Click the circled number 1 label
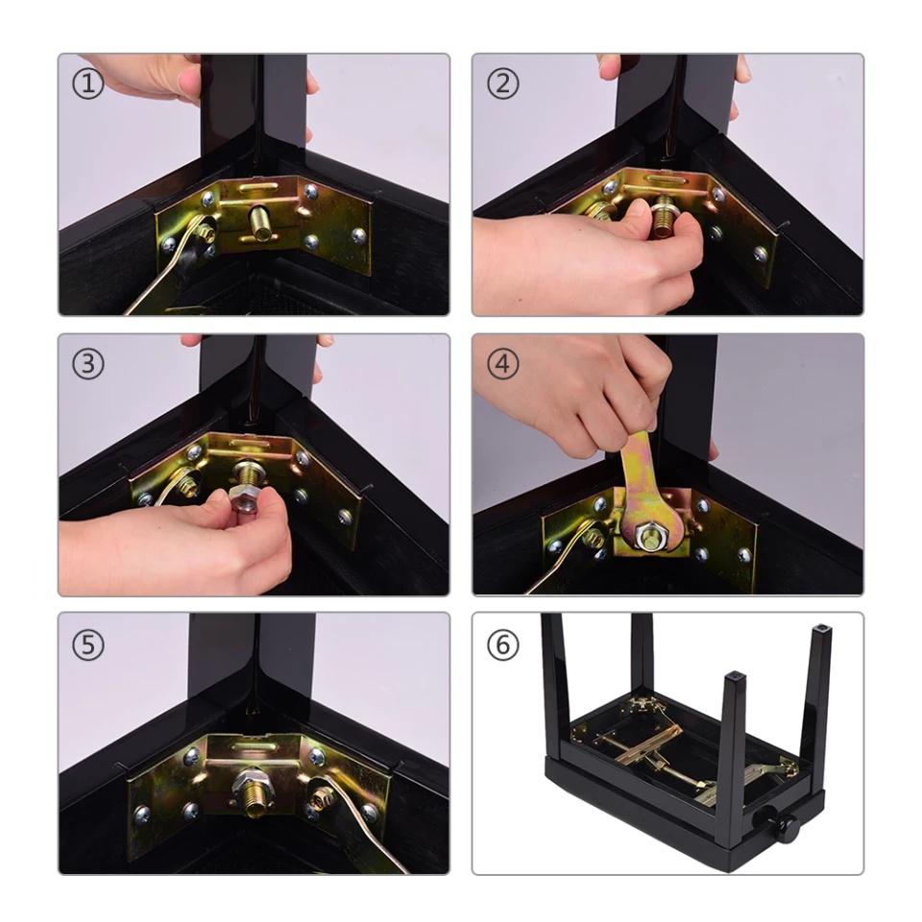pyautogui.click(x=88, y=85)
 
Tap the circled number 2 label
pyautogui.click(x=502, y=84)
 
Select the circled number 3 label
pyautogui.click(x=88, y=364)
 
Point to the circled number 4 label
pyautogui.click(x=502, y=364)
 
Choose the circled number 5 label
pyautogui.click(x=88, y=644)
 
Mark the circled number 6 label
pyautogui.click(x=502, y=644)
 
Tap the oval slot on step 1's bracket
pyautogui.click(x=256, y=187)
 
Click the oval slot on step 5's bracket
pyautogui.click(x=253, y=745)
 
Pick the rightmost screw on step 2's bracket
pyautogui.click(x=761, y=255)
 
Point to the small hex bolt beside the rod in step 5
pyautogui.click(x=321, y=797)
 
